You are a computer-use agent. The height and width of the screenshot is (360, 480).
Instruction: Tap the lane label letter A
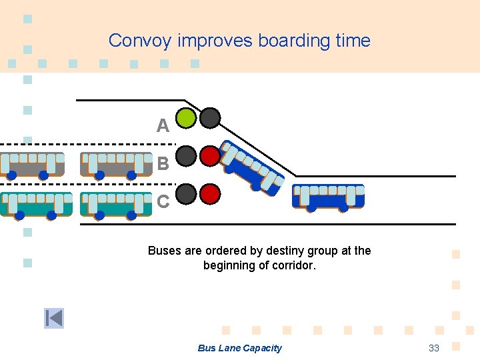pos(163,125)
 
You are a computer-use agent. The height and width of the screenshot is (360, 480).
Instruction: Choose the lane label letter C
pos(163,201)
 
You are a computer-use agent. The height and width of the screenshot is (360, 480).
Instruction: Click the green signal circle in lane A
pos(187,118)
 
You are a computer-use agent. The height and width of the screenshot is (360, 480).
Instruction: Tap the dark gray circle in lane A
pos(210,118)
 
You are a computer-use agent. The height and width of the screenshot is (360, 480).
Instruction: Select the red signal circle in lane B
pos(210,156)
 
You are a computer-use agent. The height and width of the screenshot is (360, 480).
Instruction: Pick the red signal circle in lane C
pos(210,194)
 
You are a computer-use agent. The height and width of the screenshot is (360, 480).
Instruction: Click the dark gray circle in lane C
pos(187,194)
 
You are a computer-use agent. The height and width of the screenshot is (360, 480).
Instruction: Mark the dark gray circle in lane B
pos(187,156)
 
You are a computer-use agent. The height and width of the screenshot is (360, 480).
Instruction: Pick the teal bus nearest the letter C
pos(116,204)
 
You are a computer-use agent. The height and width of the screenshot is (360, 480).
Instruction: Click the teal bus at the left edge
pos(35,204)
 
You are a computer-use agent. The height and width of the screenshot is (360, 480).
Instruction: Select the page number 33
pos(434,348)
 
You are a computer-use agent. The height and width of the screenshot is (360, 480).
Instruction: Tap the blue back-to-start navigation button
pos(54,319)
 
